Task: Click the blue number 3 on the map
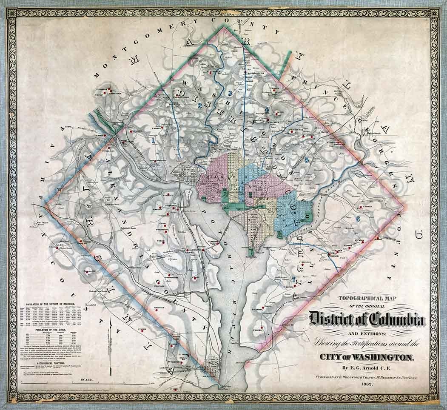click(x=230, y=94)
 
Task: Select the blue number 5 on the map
click(x=307, y=160)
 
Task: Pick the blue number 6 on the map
click(x=358, y=219)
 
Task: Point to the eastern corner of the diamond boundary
click(x=403, y=207)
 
